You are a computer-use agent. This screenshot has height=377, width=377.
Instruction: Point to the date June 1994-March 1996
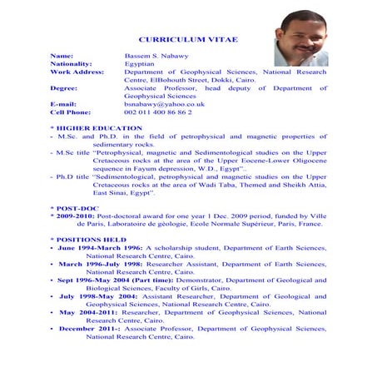(99, 248)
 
